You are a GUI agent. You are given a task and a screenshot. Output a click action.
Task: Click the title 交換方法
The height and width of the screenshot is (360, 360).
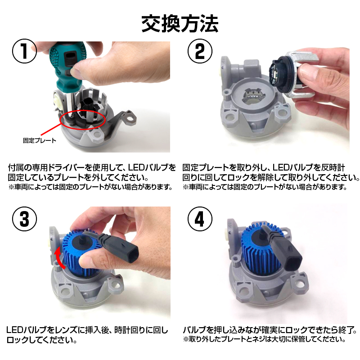click(180, 24)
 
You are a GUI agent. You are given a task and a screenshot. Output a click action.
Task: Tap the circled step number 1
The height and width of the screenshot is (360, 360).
click(24, 51)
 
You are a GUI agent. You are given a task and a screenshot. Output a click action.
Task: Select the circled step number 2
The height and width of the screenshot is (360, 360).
click(200, 51)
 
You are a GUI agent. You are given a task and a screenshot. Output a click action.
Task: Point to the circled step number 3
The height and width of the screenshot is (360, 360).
click(24, 219)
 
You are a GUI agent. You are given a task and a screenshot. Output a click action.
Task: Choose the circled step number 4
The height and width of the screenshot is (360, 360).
click(200, 219)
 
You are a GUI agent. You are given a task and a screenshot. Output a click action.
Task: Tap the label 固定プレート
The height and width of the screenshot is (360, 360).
click(40, 140)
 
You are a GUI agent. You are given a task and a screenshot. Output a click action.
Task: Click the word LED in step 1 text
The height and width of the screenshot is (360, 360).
click(138, 167)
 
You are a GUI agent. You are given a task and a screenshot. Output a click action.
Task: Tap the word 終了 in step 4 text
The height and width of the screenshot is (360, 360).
click(346, 330)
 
